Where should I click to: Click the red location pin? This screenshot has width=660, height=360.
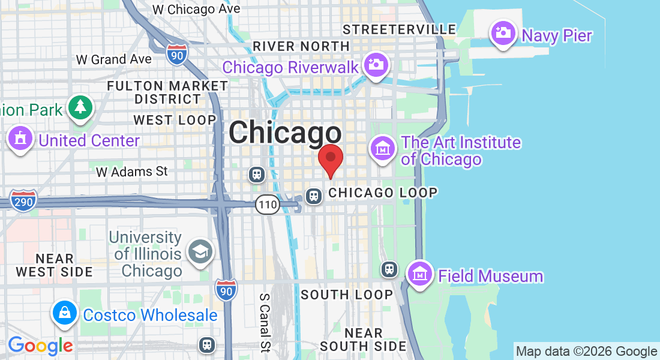coord(330,158)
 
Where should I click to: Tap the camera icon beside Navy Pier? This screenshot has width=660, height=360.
coord(503,32)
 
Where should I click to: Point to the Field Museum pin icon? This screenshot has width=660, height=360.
coord(420,274)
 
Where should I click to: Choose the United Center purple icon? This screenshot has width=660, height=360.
coord(21,139)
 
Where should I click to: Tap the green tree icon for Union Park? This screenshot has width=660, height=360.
coord(80,107)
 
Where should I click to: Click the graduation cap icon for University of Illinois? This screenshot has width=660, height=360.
coord(200,252)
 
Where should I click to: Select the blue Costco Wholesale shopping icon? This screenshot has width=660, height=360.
coord(64,313)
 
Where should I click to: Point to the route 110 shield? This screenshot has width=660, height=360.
coord(267,205)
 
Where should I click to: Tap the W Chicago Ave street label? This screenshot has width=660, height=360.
coord(196,9)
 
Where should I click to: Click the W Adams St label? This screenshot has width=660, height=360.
coord(132,172)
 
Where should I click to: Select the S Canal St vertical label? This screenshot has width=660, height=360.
coord(265,322)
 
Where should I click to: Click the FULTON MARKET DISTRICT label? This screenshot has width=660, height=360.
coord(167,92)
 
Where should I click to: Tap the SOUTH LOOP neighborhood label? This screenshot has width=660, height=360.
coord(347,295)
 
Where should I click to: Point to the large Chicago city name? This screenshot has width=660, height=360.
coord(285,133)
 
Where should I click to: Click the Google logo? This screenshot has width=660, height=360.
coord(40,346)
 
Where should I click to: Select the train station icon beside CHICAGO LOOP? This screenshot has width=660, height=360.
coord(313,196)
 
